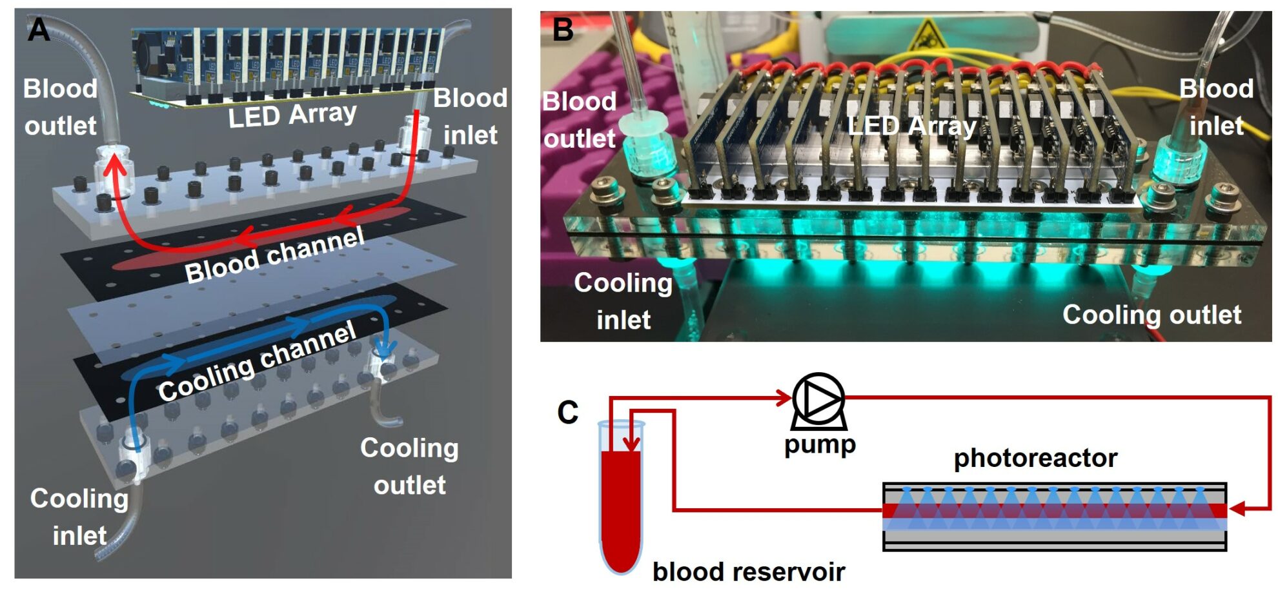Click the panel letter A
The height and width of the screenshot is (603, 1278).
(x=39, y=30)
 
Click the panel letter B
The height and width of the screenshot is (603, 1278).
(x=563, y=30)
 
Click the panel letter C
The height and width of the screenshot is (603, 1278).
(x=568, y=413)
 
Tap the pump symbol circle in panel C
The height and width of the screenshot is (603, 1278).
(x=818, y=399)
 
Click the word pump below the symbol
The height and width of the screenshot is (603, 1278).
(x=820, y=445)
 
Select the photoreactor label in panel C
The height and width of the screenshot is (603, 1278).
(x=1035, y=458)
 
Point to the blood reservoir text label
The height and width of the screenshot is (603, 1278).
(x=749, y=572)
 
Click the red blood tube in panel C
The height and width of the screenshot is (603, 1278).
(x=621, y=509)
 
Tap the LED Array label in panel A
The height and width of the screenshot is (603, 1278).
(x=292, y=115)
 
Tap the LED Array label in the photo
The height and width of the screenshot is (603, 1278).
(x=911, y=126)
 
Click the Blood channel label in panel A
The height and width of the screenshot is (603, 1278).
(x=275, y=255)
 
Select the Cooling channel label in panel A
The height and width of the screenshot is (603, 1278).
(x=257, y=361)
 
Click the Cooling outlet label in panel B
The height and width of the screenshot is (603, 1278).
(x=1151, y=315)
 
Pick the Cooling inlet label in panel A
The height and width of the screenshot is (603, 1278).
(x=79, y=517)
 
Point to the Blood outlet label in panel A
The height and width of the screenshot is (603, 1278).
(x=60, y=107)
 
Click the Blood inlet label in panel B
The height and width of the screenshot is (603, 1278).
(x=1216, y=107)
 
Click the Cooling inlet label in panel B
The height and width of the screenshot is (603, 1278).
(x=624, y=301)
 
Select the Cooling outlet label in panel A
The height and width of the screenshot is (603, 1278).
(x=410, y=466)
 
